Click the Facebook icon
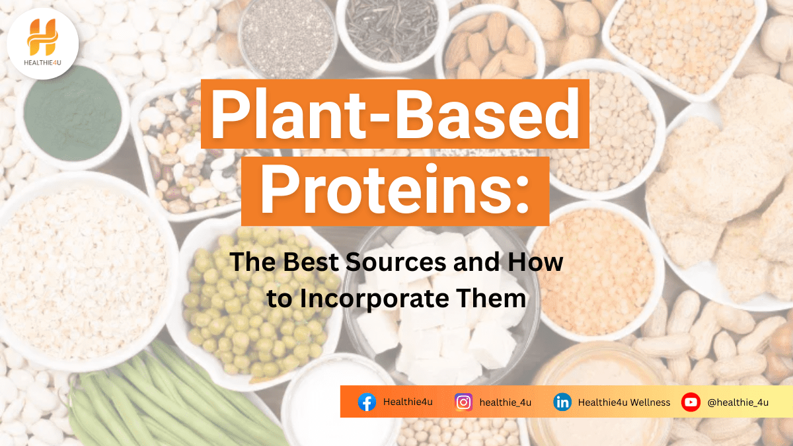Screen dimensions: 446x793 (x=367, y=402)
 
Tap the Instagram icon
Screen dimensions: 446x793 (x=463, y=402)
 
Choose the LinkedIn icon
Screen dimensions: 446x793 (x=562, y=402)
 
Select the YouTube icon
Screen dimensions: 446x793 (x=691, y=402)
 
